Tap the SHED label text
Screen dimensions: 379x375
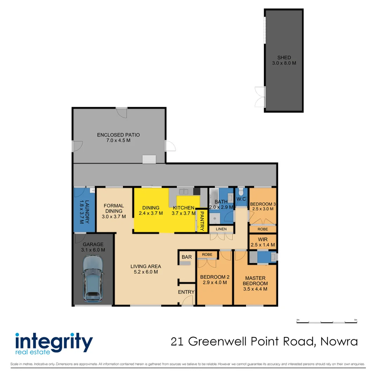(x=284, y=58)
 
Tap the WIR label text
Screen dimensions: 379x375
(x=262, y=239)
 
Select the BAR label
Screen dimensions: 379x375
(x=186, y=257)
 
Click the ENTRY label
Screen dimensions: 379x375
(x=186, y=292)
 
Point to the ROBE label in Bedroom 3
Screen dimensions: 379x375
(x=262, y=229)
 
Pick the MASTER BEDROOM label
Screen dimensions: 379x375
(x=255, y=281)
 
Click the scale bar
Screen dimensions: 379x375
(x=327, y=322)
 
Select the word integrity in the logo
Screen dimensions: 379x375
(x=54, y=341)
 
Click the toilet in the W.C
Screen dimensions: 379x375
(x=241, y=193)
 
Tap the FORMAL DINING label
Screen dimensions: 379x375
(x=114, y=208)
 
